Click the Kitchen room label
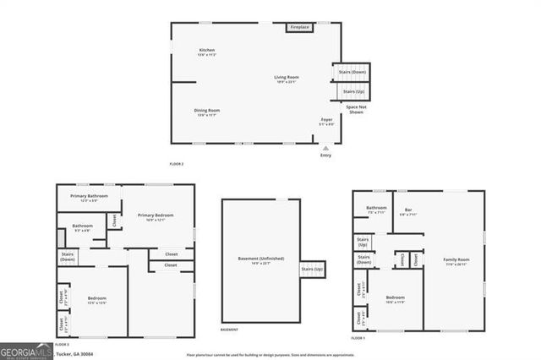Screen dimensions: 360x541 [207, 52]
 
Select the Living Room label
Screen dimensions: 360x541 [287, 79]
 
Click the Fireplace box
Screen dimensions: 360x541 [300, 28]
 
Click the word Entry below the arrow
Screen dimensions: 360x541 [326, 155]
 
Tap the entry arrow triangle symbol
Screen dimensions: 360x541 [326, 147]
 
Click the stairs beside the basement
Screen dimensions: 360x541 [312, 269]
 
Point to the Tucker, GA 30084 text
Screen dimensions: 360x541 [74, 354]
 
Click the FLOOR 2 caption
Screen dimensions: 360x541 [177, 162]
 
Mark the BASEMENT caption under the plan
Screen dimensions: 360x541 [229, 330]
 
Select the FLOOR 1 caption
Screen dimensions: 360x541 [358, 338]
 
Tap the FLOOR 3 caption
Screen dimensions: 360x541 [62, 345]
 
